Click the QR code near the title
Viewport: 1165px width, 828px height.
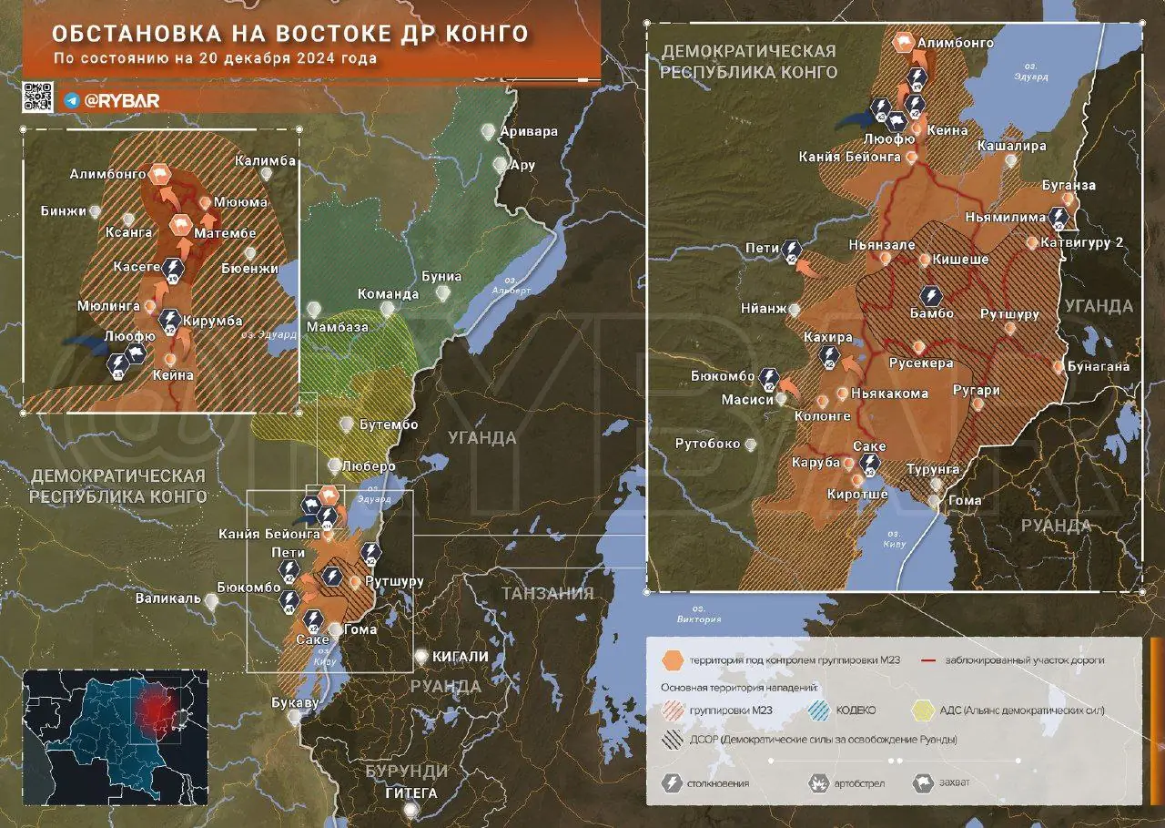[x=37, y=97]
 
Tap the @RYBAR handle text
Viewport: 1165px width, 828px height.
[x=120, y=101]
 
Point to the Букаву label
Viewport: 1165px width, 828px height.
[x=296, y=702]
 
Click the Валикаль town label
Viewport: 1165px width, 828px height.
[x=167, y=598]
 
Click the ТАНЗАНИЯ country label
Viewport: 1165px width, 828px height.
[x=547, y=593]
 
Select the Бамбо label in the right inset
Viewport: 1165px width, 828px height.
[x=931, y=313]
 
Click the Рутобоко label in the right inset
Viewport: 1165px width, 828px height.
[x=707, y=445]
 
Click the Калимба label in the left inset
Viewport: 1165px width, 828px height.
[x=265, y=161]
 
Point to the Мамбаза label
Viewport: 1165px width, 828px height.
[x=338, y=326]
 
